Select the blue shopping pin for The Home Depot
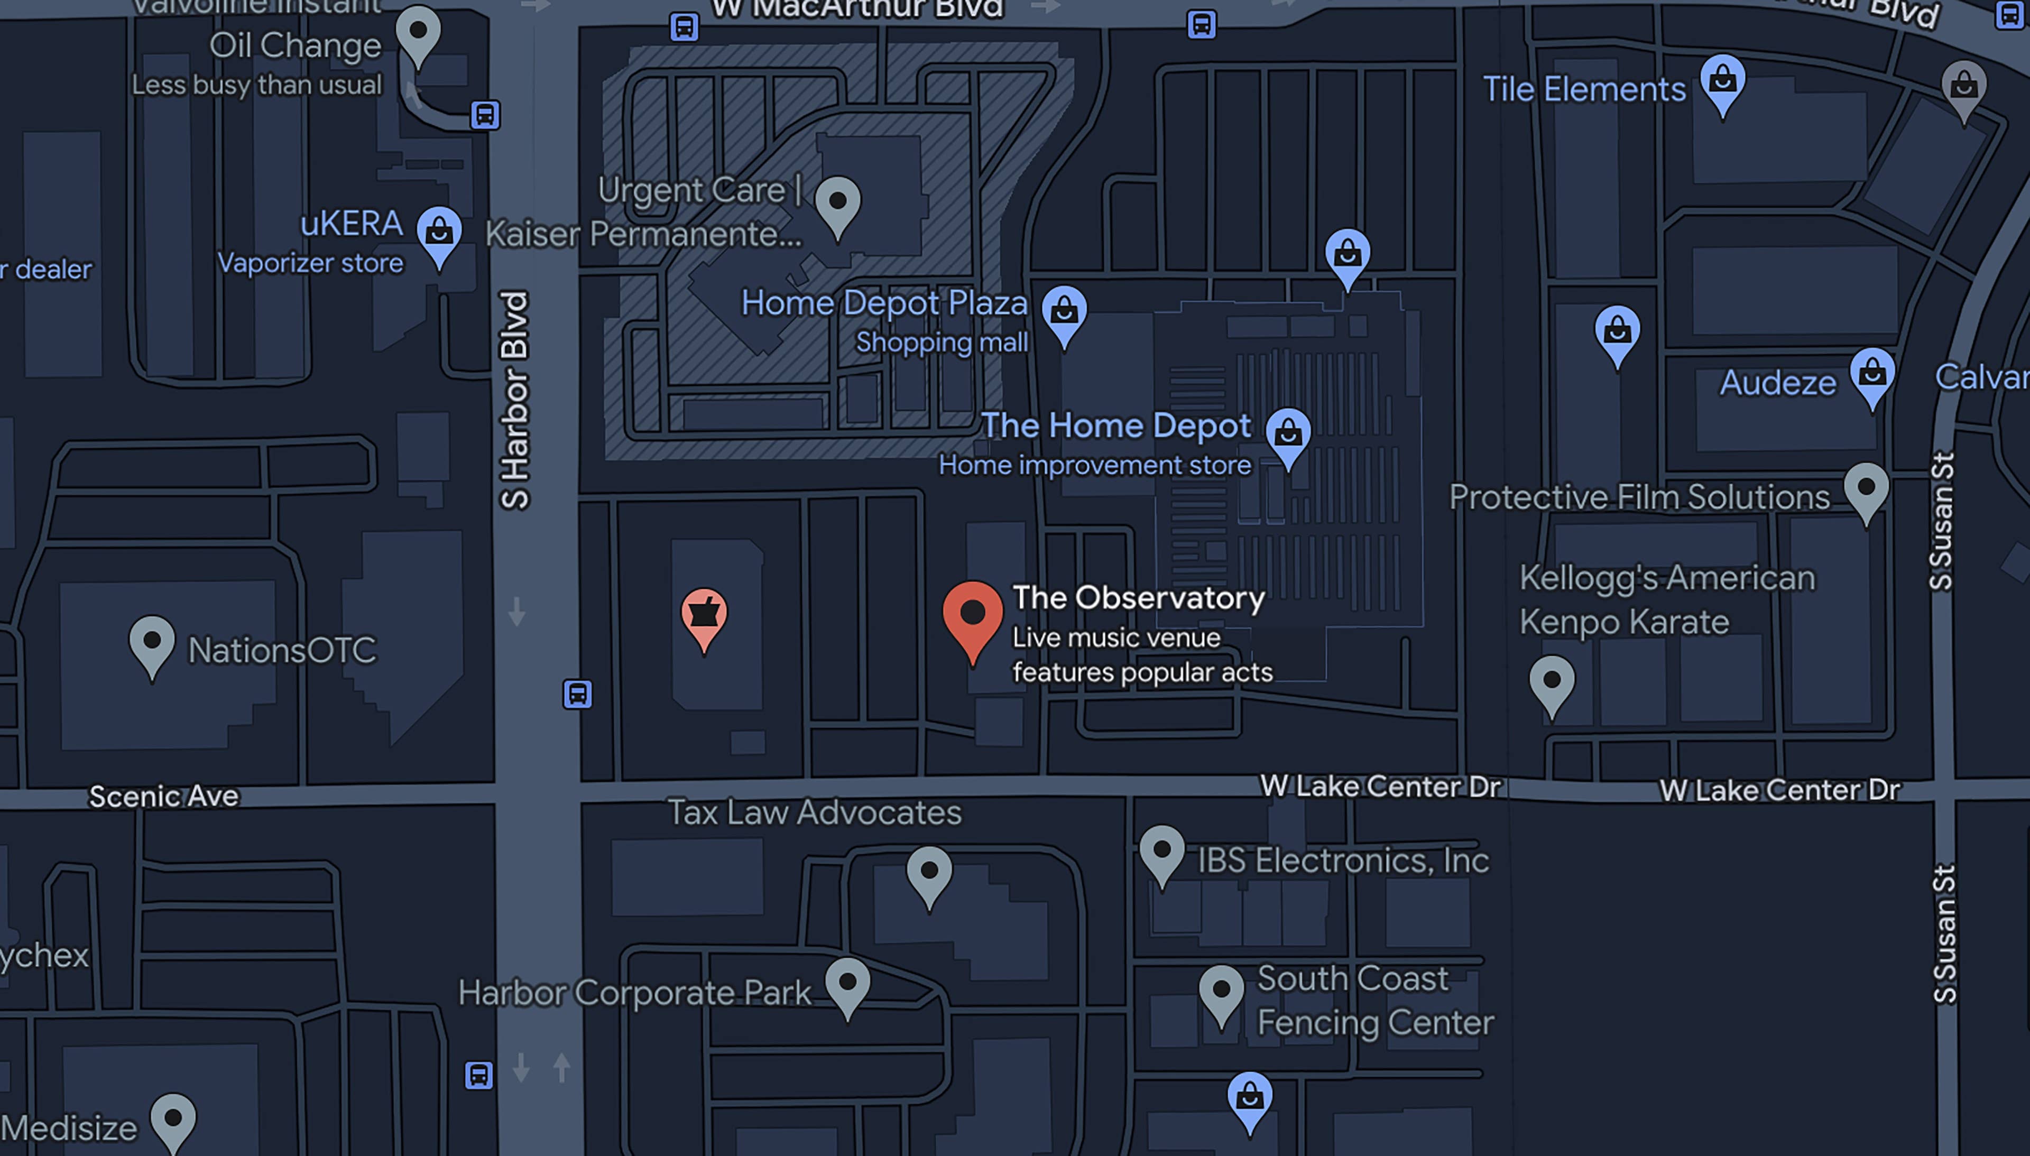click(x=1288, y=435)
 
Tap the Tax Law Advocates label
click(x=814, y=812)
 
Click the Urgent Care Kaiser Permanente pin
click(x=837, y=204)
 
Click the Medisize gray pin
click(x=173, y=1120)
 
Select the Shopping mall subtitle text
click(x=941, y=342)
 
